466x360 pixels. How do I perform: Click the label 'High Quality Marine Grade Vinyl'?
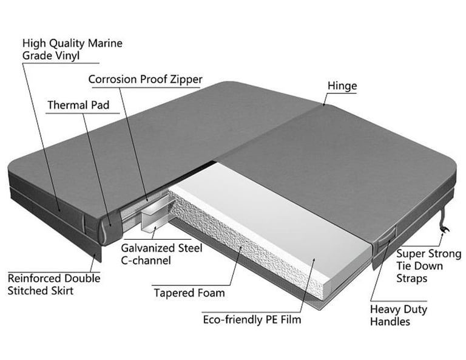tap(72, 50)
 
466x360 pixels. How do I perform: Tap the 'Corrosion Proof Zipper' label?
tap(145, 80)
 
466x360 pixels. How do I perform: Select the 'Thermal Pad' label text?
tap(78, 106)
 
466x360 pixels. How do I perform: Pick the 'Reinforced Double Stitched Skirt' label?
tap(54, 284)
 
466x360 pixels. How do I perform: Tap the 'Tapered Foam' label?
tap(189, 293)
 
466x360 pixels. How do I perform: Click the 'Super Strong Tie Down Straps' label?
tap(428, 266)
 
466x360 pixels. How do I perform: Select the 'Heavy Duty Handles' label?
tap(398, 315)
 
